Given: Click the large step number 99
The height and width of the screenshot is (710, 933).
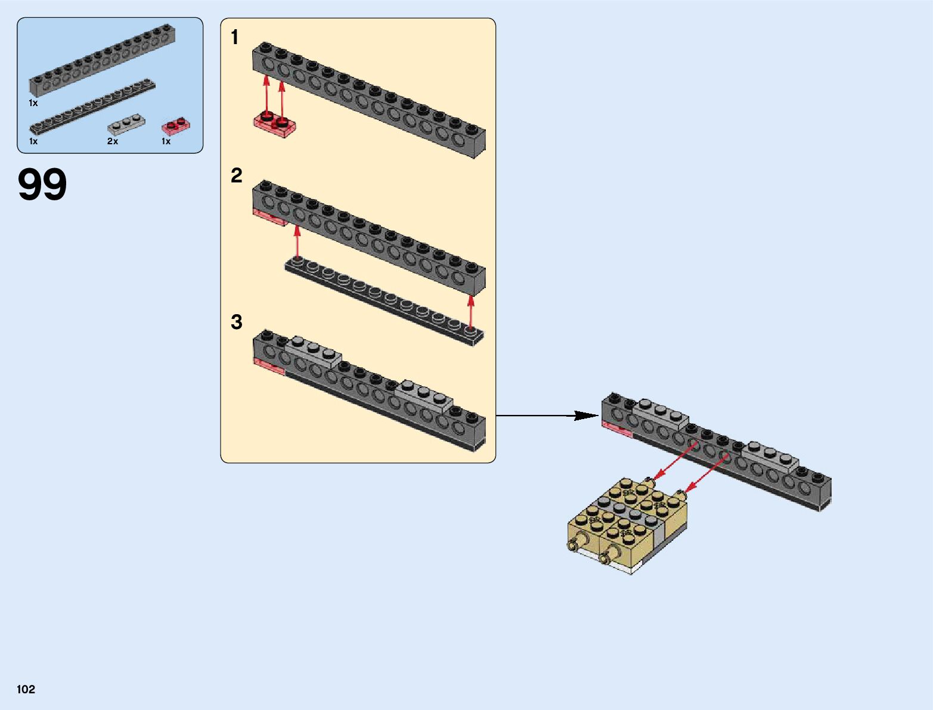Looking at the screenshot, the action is pos(42,185).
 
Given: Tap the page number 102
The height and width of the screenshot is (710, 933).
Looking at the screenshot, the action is pos(26,689).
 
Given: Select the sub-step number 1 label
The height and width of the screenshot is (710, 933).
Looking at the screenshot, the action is pos(235,38).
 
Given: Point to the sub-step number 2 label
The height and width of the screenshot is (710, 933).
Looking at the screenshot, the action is pos(237,176).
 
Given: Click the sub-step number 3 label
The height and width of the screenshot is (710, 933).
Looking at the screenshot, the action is pos(237,323).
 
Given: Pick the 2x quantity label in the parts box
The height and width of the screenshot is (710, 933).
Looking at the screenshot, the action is pos(113,142).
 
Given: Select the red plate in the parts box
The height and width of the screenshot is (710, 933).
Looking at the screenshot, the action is pos(176,126).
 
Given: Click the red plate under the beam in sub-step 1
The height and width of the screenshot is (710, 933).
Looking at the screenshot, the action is pos(275,125).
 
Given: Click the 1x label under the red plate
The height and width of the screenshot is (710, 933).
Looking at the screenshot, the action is pos(166,142).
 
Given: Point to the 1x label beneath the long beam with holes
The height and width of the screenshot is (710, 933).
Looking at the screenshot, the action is pos(33,103).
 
